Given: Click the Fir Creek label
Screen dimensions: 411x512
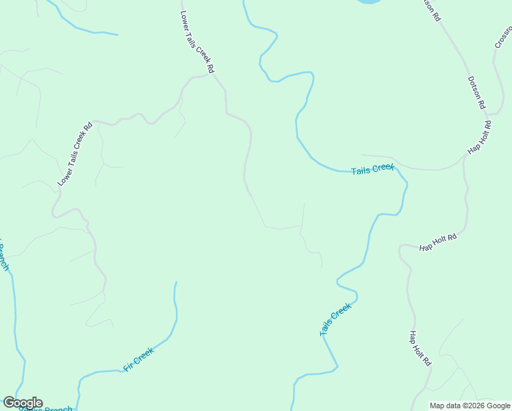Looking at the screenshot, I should (138, 360).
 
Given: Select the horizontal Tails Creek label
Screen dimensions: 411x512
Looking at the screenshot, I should (373, 169).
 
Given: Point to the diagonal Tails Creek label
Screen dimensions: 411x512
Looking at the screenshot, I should (335, 320).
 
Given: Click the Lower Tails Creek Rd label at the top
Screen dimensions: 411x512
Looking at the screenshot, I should (197, 42).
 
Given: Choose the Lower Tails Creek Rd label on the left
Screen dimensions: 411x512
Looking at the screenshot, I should (75, 154).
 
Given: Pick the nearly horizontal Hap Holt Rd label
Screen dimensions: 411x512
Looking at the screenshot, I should (438, 242).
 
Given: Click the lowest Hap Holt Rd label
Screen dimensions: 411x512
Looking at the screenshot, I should (420, 348).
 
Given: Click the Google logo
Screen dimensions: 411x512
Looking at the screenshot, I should (23, 403).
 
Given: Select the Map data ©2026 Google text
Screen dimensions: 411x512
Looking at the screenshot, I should (470, 406).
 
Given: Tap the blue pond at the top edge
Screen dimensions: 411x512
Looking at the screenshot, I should (368, 2).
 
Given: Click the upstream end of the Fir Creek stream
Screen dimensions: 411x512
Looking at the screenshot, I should (176, 282).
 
